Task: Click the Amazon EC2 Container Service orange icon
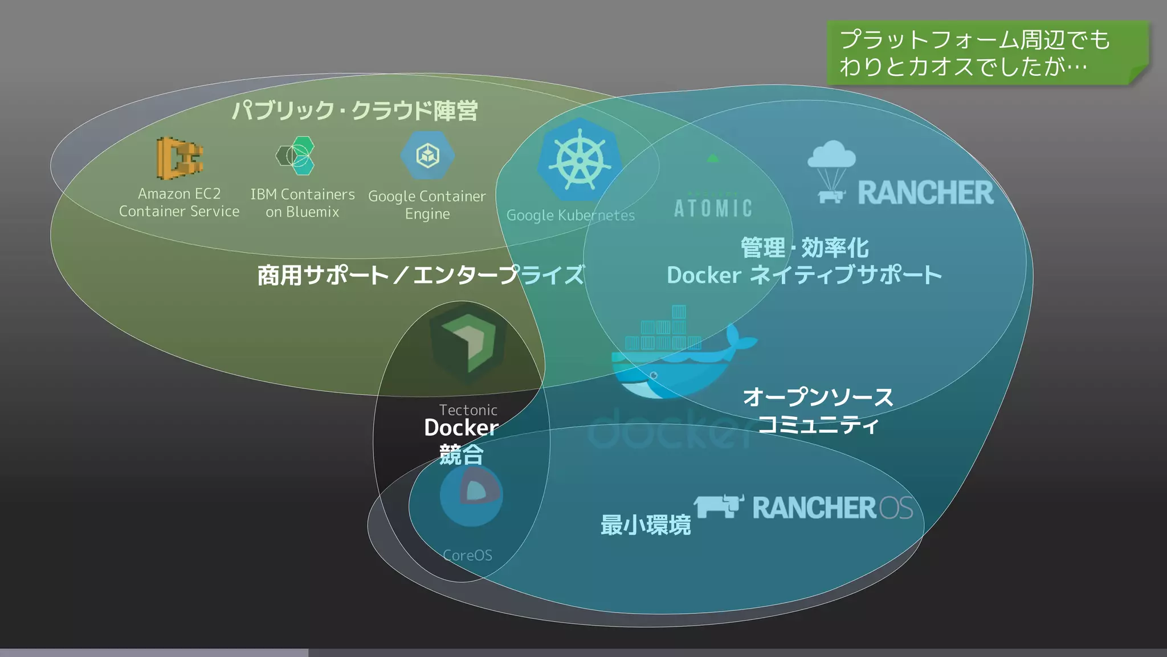[179, 157]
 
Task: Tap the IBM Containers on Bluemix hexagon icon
[296, 155]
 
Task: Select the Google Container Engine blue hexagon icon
[427, 155]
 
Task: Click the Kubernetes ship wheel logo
[580, 160]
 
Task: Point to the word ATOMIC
[713, 208]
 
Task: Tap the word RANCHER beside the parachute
[925, 193]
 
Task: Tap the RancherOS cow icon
[719, 506]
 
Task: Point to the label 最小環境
[645, 525]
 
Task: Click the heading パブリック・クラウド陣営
[354, 111]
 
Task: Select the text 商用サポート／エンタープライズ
[421, 275]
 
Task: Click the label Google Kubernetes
[570, 216]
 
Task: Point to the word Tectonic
[468, 409]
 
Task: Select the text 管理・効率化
[804, 248]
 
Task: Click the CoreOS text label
[467, 555]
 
